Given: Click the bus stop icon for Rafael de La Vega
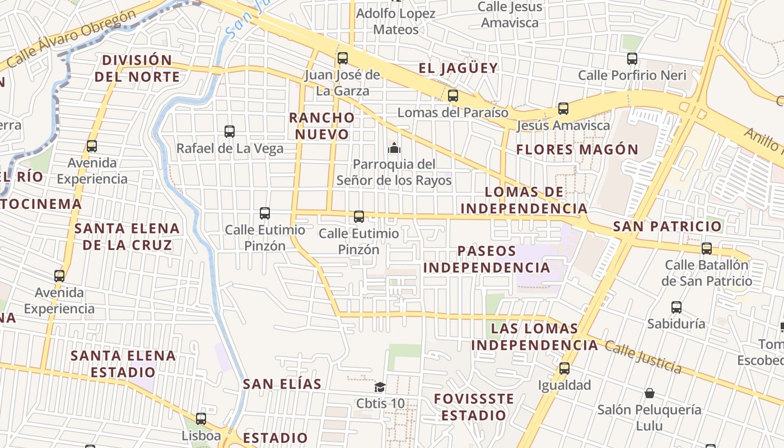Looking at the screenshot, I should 230,132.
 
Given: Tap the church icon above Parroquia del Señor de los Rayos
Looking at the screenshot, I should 394,148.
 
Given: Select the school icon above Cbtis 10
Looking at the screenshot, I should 380,387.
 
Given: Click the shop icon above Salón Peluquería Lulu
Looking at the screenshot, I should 650,393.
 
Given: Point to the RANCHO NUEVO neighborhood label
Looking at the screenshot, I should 322,126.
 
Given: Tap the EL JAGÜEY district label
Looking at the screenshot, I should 458,68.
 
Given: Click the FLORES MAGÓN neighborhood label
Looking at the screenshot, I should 577,150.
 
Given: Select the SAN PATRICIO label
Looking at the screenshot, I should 668,226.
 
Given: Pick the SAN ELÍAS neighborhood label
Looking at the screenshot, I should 282,384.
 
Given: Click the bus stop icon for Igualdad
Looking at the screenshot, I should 564,368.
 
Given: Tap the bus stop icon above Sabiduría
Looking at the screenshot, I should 676,307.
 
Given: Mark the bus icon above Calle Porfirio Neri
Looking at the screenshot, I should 632,58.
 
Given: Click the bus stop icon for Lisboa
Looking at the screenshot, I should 201,418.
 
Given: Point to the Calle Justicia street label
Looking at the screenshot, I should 643,357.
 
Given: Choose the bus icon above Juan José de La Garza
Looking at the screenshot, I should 343,58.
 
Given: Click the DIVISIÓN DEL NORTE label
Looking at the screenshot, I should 137,68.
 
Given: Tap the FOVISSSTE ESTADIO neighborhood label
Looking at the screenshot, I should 474,407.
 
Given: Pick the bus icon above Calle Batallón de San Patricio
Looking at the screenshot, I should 707,248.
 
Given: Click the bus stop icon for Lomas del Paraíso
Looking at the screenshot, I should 453,96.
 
